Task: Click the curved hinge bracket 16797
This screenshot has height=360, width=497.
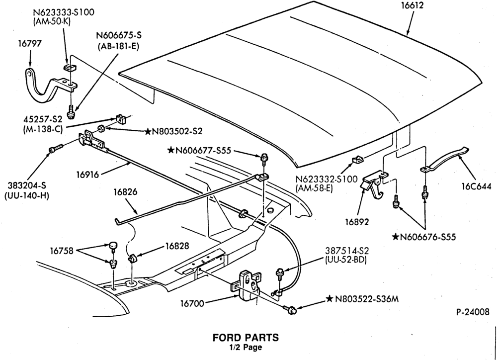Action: (48, 86)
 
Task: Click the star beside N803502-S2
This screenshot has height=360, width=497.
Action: (148, 132)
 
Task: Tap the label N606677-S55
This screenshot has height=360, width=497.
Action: (203, 150)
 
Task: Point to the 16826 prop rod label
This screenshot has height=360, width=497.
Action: (126, 192)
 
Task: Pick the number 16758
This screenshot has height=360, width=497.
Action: (62, 251)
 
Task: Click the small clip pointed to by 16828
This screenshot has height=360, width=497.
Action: (132, 258)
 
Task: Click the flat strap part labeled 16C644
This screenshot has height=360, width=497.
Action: (445, 160)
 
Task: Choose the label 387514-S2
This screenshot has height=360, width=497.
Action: (347, 251)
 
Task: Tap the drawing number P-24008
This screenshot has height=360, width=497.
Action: (473, 312)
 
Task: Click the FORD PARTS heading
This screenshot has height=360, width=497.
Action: (246, 337)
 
